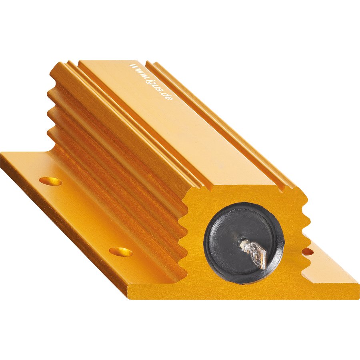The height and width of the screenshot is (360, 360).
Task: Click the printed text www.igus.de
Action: [x=151, y=82]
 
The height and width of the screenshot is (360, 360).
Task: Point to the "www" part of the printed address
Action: [x=137, y=70]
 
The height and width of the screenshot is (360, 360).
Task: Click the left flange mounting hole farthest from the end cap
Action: [x=50, y=181]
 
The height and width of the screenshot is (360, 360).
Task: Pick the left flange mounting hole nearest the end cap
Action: [x=121, y=252]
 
